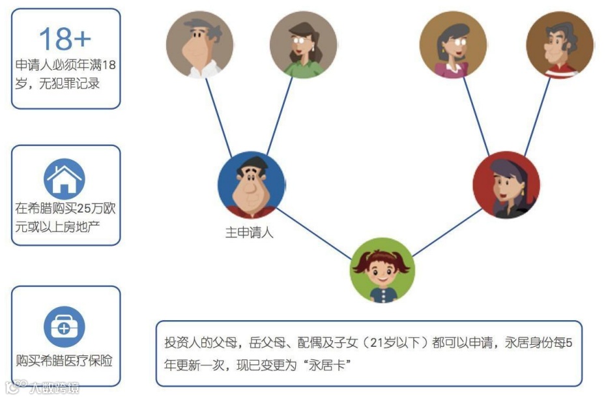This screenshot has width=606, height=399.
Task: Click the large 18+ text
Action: (x=65, y=38)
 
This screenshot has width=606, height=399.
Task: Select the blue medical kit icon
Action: (x=65, y=328)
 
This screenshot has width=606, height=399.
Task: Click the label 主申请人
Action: (x=250, y=232)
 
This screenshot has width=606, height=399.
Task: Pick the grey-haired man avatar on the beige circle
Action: (x=199, y=44)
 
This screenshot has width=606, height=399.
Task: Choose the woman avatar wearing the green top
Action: (x=303, y=44)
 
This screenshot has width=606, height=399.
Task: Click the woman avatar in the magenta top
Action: (x=453, y=44)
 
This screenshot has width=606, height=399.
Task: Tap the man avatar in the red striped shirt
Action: (x=559, y=44)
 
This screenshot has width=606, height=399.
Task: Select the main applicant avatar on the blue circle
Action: (x=251, y=185)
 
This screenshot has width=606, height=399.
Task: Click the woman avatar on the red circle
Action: (x=506, y=185)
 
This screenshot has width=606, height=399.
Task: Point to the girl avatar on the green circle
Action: (x=382, y=270)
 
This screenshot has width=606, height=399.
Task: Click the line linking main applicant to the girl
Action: (x=314, y=231)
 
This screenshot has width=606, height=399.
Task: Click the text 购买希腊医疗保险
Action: (x=65, y=361)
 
